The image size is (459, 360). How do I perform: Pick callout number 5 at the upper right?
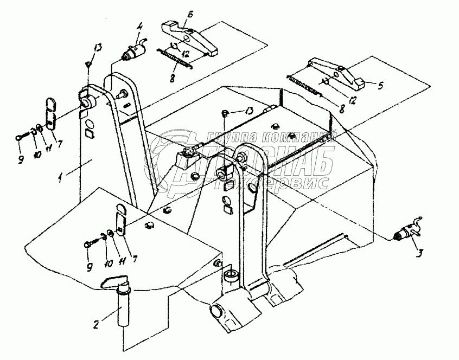380,85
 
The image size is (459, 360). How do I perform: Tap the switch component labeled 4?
132,52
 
